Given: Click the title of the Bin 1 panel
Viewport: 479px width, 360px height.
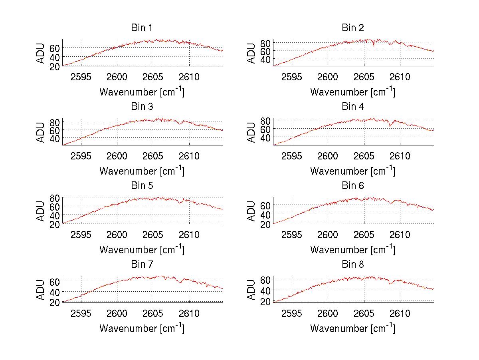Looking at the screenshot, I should (142, 28).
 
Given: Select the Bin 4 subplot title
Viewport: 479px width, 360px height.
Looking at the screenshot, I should (352, 107).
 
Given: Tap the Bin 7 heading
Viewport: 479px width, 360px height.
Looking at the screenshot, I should (142, 265).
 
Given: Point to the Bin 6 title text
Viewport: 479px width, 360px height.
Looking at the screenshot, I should (352, 186).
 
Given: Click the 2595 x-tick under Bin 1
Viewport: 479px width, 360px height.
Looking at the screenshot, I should (81, 77).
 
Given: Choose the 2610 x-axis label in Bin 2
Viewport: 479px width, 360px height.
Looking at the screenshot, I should (400, 77).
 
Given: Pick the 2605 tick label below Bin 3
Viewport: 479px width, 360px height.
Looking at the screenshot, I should (153, 156).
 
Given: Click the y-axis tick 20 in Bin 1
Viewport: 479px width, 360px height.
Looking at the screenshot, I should (55, 66).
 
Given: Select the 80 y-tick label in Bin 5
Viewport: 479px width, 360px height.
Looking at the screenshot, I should (55, 198).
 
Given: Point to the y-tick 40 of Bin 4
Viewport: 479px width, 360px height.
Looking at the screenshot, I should (265, 137).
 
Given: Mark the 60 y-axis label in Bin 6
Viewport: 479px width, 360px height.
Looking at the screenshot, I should (265, 205).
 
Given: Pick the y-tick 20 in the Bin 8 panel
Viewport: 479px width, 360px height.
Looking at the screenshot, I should (265, 302).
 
